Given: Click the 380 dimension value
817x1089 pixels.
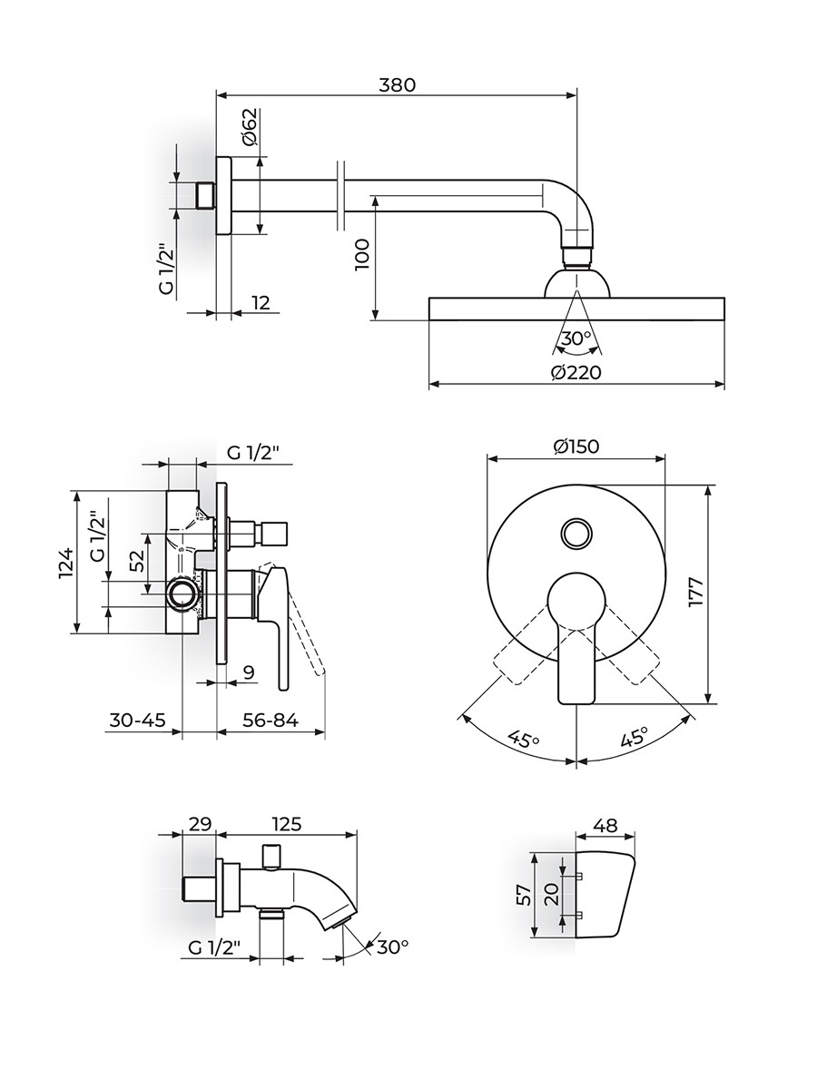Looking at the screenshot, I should coord(397,84).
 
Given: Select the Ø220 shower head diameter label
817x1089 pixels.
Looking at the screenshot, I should coord(576,371).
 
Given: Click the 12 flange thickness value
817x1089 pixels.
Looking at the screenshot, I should coord(261,302).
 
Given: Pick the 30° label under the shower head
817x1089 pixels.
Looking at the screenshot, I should coord(576,338).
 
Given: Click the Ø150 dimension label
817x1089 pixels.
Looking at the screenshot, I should coord(576,446).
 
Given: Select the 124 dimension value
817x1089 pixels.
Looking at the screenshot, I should coord(64,564).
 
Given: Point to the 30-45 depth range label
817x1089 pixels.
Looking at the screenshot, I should coord(137,721).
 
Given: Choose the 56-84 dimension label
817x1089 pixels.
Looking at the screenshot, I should coord(271,721).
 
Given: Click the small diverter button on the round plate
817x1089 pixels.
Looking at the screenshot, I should coord(576,532).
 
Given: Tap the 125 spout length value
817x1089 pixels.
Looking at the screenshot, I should coord(286,824).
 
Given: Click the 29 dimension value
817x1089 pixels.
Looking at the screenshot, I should coord(200,824).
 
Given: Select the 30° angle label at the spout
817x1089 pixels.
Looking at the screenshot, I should coord(392,947).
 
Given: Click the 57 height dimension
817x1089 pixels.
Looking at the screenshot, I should coord(522,896).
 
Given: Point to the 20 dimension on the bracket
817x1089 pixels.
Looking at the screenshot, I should coord(549,896).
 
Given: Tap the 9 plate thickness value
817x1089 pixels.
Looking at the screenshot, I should coord(248,672).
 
